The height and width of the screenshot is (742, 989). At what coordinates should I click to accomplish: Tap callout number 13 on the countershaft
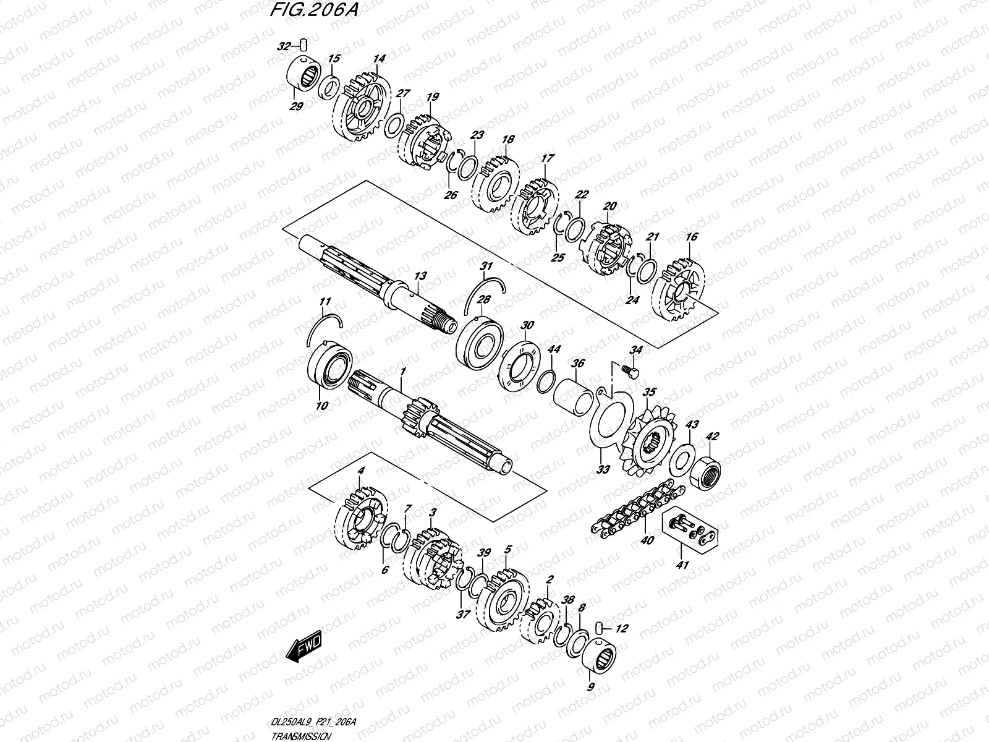point(420,276)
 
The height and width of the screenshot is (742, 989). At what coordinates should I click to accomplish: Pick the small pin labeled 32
point(304,43)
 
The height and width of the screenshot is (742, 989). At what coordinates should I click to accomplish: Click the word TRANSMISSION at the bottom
point(301,737)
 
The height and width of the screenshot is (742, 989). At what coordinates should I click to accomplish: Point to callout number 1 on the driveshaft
point(402,372)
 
